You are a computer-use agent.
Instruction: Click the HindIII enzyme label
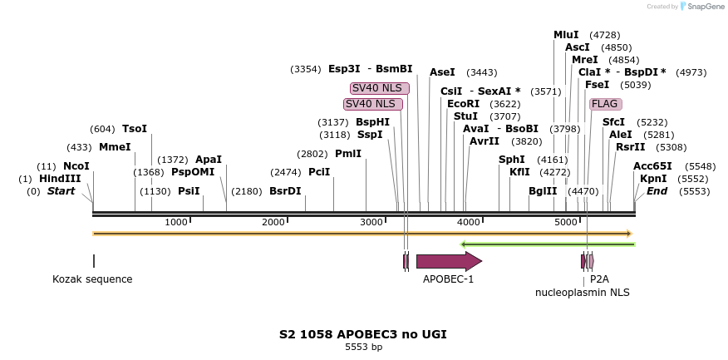(x=60, y=179)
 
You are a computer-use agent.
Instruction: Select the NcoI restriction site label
(x=76, y=166)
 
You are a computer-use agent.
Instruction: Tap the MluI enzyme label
(x=566, y=35)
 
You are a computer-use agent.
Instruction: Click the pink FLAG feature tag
(x=604, y=104)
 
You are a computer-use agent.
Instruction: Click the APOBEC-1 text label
(x=448, y=279)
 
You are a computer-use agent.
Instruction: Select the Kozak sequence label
(x=92, y=279)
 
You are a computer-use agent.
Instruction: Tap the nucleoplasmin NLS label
(x=582, y=293)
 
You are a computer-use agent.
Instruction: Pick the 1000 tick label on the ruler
(x=176, y=223)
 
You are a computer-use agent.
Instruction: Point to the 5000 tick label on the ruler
(x=566, y=223)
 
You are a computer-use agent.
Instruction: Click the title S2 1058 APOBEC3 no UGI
(x=363, y=334)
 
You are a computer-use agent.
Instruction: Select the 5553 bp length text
(x=364, y=348)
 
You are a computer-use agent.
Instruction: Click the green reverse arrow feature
(x=548, y=244)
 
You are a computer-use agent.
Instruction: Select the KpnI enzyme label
(x=653, y=179)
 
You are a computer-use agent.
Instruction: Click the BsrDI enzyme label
(x=285, y=191)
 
